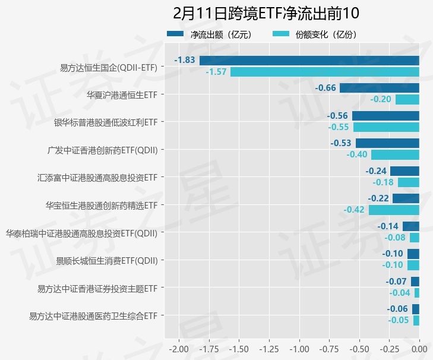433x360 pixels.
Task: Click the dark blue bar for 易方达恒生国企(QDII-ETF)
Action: pos(309,60)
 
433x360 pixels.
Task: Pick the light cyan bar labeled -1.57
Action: pos(324,72)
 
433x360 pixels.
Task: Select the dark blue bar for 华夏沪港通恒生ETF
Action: pos(379,88)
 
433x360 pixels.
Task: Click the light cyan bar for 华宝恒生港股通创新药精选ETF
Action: pos(394,210)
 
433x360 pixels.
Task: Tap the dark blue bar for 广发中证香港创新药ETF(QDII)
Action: pos(387,143)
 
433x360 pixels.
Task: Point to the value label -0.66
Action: pos(325,88)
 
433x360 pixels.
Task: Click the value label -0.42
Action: pos(354,210)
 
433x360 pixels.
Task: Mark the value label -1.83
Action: pos(185,60)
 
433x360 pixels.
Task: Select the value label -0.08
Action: pos(395,238)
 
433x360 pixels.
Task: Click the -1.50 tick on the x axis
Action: pos(239,348)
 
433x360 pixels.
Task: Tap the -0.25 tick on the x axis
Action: pos(389,348)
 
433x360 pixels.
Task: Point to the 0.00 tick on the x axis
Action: pos(419,348)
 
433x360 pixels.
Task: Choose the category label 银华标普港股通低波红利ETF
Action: pos(106,122)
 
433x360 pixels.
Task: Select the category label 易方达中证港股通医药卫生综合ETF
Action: pos(93,315)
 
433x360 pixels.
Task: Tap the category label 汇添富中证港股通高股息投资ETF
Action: pos(97,177)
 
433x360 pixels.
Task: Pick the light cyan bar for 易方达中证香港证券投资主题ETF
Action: pos(417,293)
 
